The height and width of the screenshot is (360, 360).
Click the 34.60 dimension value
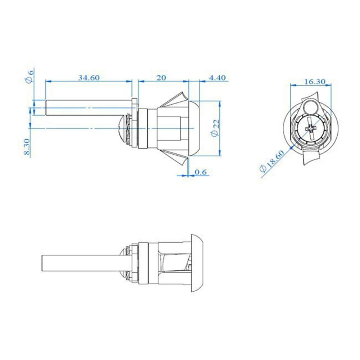pyautogui.click(x=89, y=78)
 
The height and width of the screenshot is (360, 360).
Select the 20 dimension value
pyautogui.click(x=161, y=78)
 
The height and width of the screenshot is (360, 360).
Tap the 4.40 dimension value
pyautogui.click(x=217, y=78)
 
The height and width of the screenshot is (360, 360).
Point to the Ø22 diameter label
pyautogui.click(x=215, y=128)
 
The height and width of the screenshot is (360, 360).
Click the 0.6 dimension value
pyautogui.click(x=201, y=172)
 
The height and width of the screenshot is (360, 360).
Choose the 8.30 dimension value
pyautogui.click(x=27, y=146)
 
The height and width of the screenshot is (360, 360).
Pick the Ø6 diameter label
pyautogui.click(x=30, y=77)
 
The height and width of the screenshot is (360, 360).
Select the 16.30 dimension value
pyautogui.click(x=315, y=82)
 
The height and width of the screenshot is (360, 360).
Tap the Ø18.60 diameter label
pyautogui.click(x=272, y=161)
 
